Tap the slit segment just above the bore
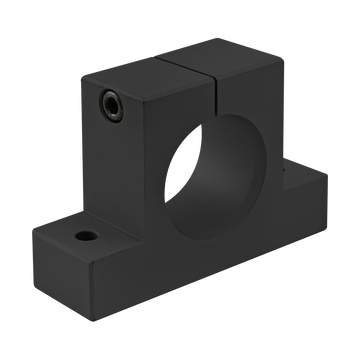(x=220, y=99)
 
